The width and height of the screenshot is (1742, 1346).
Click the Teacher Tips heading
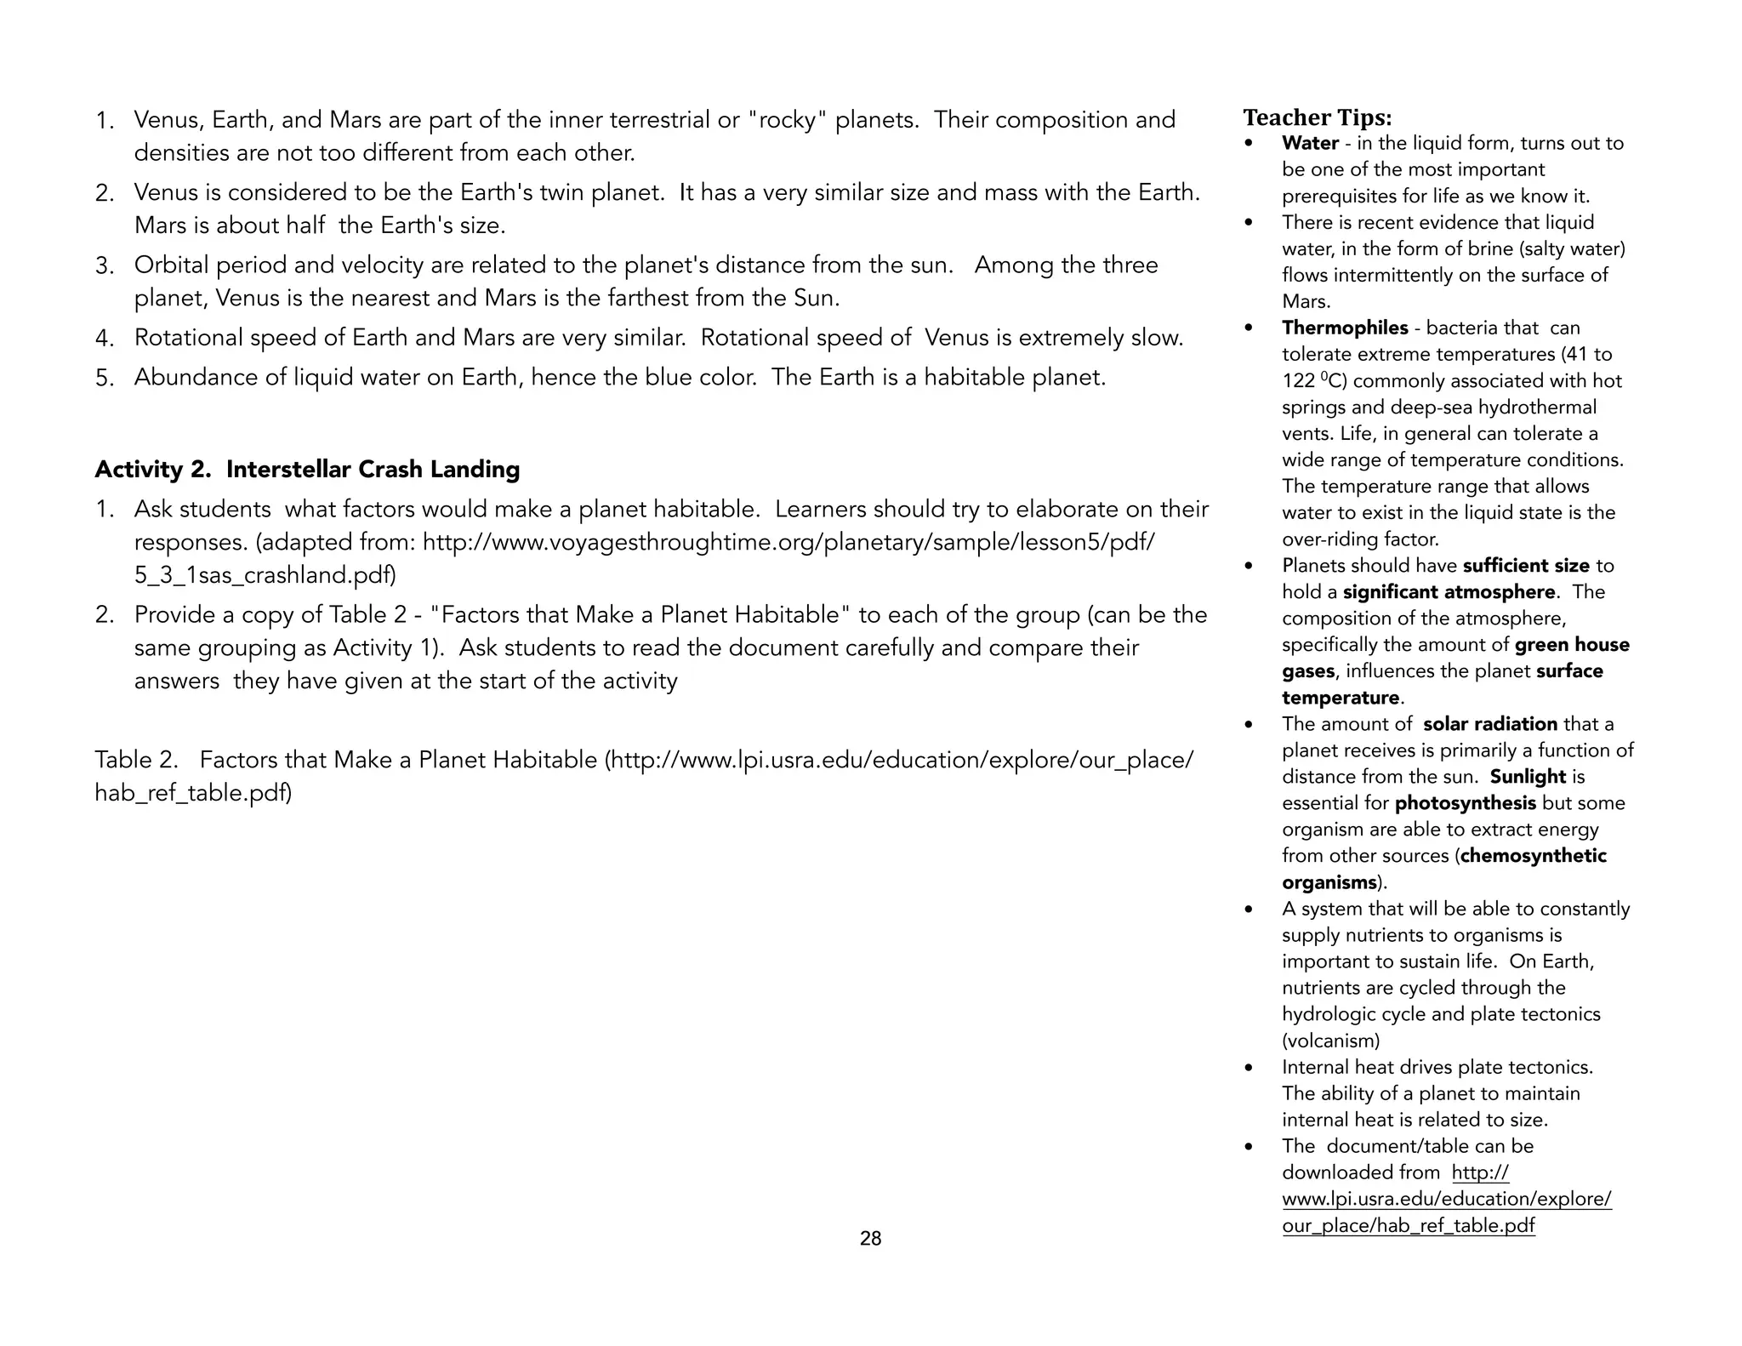pos(1317,117)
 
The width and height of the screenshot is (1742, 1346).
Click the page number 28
pos(870,1239)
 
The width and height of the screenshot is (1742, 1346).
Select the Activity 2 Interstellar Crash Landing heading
pos(307,470)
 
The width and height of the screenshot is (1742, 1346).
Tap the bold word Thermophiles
pos(1345,328)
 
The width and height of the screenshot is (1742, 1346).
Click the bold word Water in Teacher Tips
pos(1310,143)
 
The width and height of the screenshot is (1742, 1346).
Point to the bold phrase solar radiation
pos(1489,724)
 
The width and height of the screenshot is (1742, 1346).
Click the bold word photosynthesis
pos(1465,803)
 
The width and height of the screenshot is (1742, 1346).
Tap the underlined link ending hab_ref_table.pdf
pos(1409,1226)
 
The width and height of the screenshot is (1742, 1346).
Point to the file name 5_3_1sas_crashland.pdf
pos(265,575)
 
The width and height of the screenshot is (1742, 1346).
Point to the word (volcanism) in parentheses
pos(1330,1041)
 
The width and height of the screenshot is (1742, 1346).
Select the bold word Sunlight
pos(1528,777)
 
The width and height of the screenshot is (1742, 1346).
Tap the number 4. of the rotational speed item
pos(105,339)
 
